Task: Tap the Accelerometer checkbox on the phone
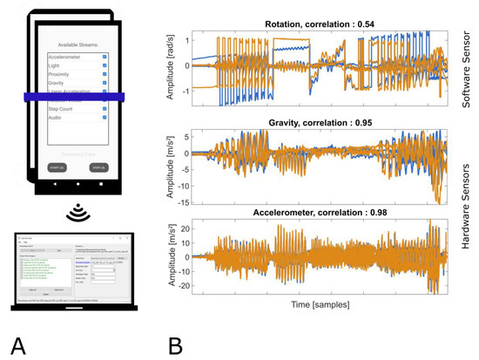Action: point(105,58)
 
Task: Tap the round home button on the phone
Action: point(77,187)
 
